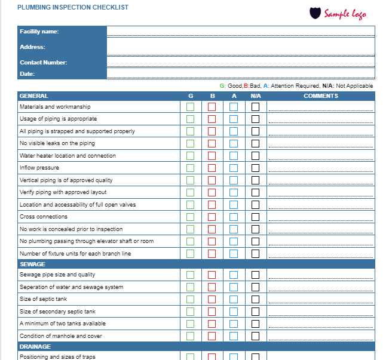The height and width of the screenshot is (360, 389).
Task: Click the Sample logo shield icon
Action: tap(316, 13)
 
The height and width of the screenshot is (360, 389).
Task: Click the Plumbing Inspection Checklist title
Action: tap(72, 7)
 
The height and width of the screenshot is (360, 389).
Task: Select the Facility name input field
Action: tap(240, 32)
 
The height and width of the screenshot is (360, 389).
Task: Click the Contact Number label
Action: tap(43, 62)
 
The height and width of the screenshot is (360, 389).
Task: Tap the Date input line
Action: tap(240, 73)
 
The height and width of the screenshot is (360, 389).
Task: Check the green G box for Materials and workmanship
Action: tap(191, 107)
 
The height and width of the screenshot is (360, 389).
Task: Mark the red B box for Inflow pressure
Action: tap(212, 168)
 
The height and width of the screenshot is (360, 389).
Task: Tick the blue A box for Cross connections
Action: tap(234, 217)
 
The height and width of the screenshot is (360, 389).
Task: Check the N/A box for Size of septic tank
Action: tap(255, 299)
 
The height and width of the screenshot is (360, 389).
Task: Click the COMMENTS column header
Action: tap(320, 96)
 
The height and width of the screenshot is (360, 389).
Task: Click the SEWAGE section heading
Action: tap(32, 264)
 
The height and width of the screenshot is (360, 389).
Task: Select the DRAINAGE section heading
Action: tap(35, 346)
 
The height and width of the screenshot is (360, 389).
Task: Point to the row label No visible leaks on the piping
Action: tap(57, 143)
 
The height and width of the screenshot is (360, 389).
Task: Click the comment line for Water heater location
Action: tap(320, 156)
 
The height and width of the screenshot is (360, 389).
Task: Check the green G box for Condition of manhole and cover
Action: tap(191, 336)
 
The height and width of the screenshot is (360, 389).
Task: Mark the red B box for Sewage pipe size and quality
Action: tap(212, 275)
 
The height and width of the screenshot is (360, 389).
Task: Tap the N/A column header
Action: tap(256, 96)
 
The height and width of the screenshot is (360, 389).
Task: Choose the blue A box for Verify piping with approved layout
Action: tap(234, 192)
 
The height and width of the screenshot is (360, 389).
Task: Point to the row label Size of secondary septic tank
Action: tap(57, 311)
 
